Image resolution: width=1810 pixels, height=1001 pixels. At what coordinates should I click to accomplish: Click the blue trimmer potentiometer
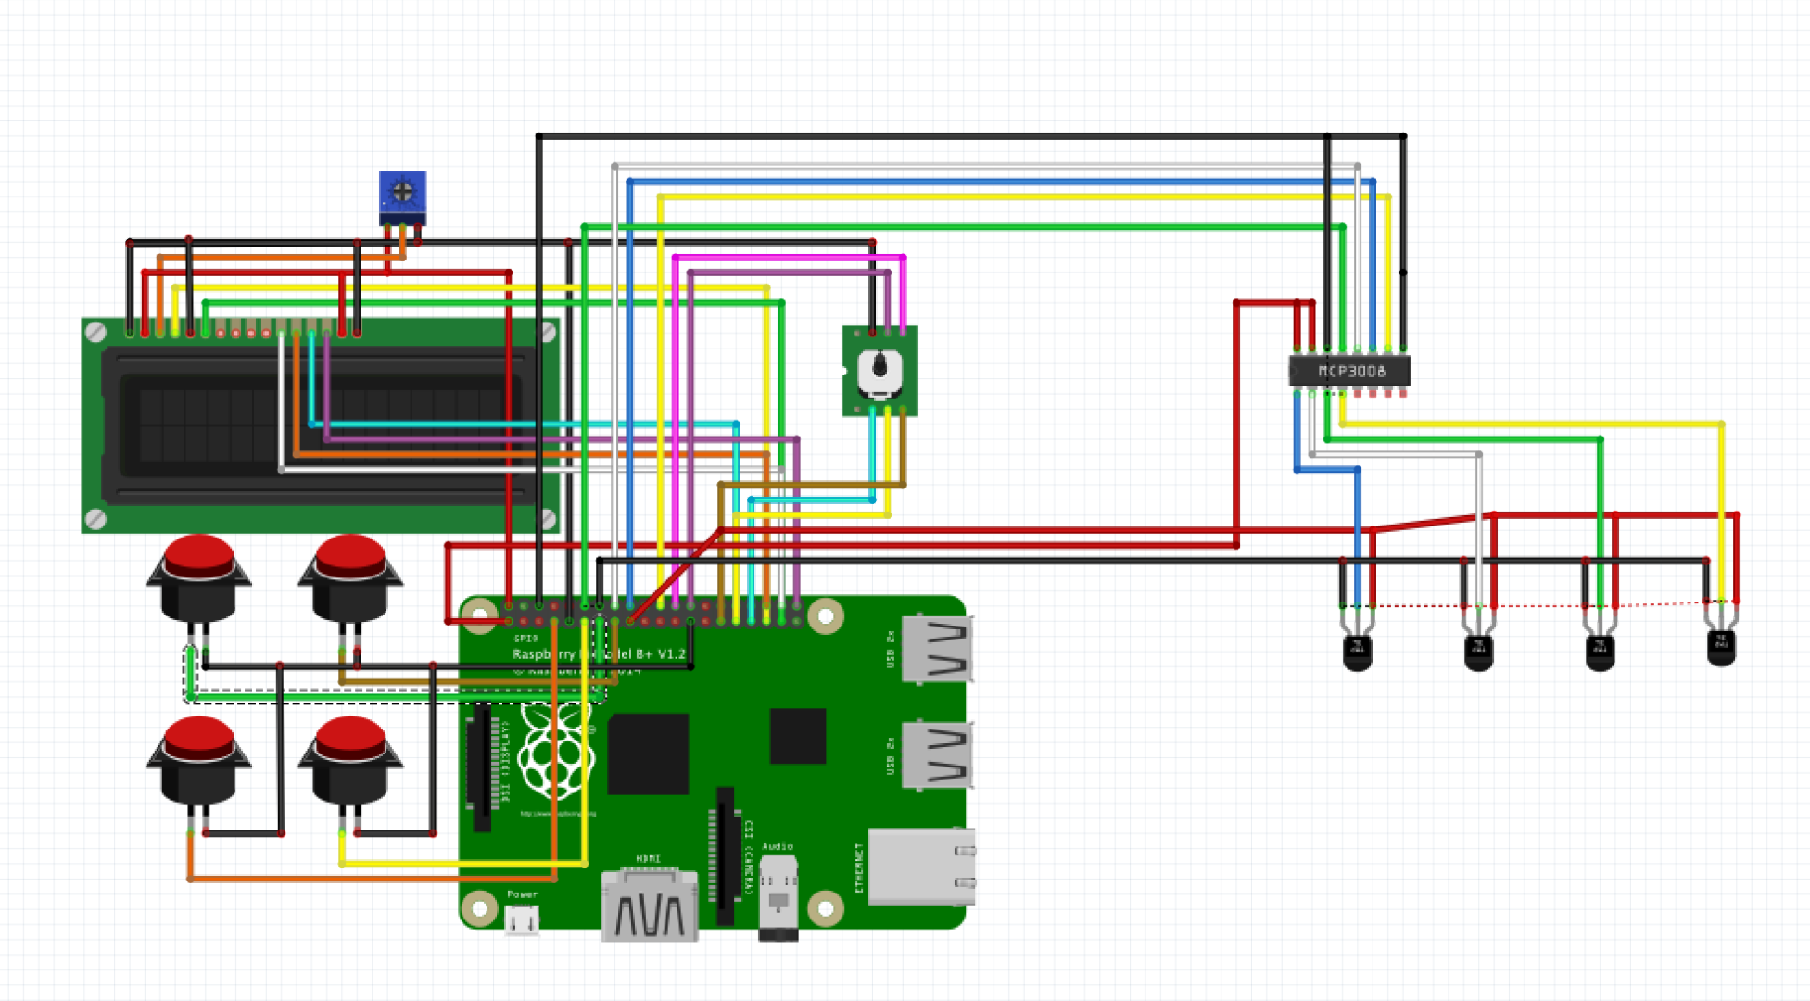click(402, 194)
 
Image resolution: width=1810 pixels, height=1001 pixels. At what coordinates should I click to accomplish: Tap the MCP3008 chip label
click(1351, 371)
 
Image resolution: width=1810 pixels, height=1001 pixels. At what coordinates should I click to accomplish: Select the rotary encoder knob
click(880, 369)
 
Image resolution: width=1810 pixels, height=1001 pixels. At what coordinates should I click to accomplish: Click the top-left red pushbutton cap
click(198, 555)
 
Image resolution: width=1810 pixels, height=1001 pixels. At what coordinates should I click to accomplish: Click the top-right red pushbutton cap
click(350, 555)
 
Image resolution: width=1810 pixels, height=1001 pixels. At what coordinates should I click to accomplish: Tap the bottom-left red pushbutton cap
click(198, 737)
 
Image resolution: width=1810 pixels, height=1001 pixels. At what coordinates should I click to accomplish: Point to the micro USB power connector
click(522, 919)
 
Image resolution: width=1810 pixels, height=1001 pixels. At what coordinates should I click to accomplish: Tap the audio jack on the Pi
click(778, 894)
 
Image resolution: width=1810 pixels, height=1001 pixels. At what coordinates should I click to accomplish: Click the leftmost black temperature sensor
click(1357, 652)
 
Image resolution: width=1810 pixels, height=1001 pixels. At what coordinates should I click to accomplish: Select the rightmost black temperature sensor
click(1721, 647)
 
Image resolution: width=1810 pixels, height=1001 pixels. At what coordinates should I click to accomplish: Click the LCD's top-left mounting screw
click(95, 332)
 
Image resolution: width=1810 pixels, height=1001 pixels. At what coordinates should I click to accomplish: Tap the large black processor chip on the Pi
click(648, 754)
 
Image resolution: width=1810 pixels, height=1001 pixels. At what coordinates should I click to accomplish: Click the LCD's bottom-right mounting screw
click(548, 520)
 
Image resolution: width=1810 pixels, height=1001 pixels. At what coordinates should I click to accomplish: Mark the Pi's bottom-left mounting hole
click(479, 908)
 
